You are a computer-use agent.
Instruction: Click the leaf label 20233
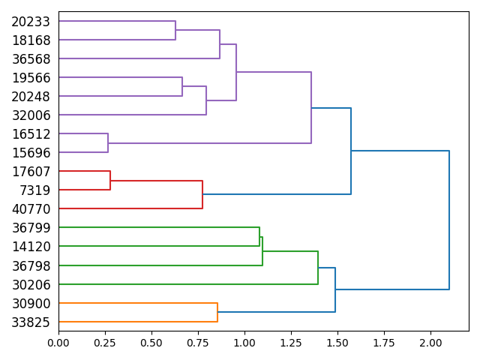[x=31, y=22]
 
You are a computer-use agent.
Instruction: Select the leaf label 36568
[x=31, y=59]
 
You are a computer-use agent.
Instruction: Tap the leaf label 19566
[x=31, y=78]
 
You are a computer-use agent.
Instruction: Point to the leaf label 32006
[x=31, y=115]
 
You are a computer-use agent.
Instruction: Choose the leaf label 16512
[x=31, y=134]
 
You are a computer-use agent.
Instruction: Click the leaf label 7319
[x=34, y=190]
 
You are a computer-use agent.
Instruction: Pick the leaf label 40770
[x=31, y=209]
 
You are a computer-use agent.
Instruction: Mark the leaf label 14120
[x=31, y=247]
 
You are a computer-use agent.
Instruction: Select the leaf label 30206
[x=31, y=284]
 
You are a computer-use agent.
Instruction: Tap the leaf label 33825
[x=31, y=322]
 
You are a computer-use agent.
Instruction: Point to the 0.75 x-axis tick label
[x=198, y=343]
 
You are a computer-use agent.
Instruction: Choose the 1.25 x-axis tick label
[x=291, y=343]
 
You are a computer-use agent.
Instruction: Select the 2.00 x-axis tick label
[x=430, y=343]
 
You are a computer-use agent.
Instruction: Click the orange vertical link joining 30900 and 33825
[x=217, y=312]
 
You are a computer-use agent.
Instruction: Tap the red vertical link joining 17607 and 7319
[x=110, y=181]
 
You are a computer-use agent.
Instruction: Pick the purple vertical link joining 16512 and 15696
[x=108, y=143]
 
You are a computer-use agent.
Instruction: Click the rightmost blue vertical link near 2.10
[x=449, y=220]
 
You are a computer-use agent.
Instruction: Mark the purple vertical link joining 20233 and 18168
[x=175, y=31]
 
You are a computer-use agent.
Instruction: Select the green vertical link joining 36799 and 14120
[x=259, y=237]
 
